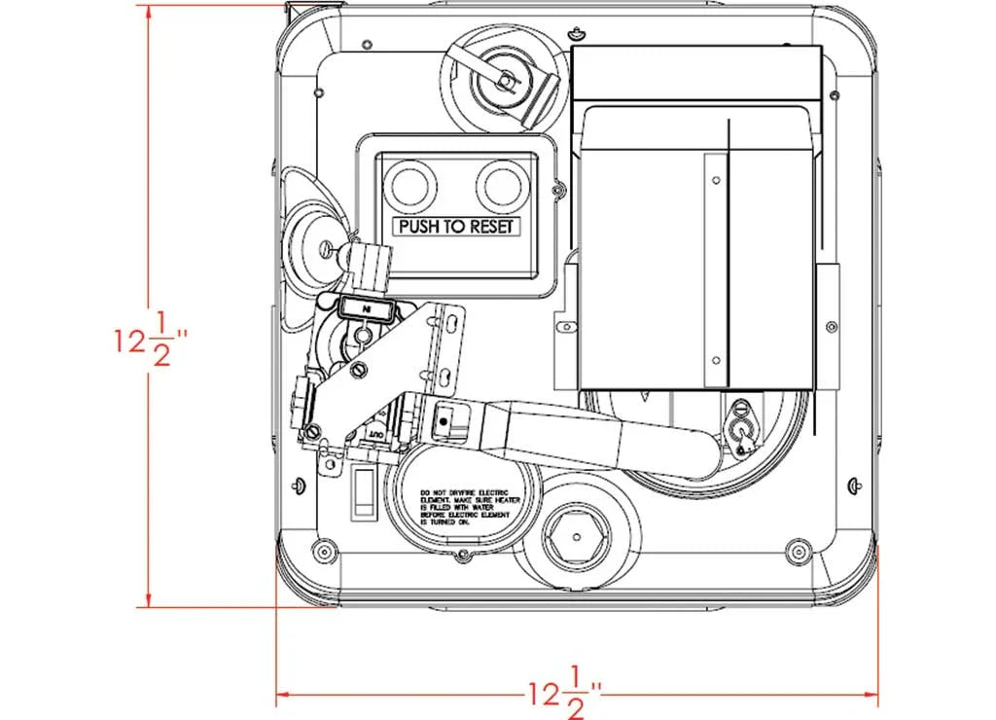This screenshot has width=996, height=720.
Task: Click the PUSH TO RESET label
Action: click(457, 227)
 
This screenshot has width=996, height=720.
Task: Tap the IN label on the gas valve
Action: click(368, 308)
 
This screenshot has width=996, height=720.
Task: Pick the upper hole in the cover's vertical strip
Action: click(716, 181)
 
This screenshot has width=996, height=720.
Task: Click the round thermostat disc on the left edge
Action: click(313, 240)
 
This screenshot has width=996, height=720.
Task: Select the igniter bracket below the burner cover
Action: click(743, 429)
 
